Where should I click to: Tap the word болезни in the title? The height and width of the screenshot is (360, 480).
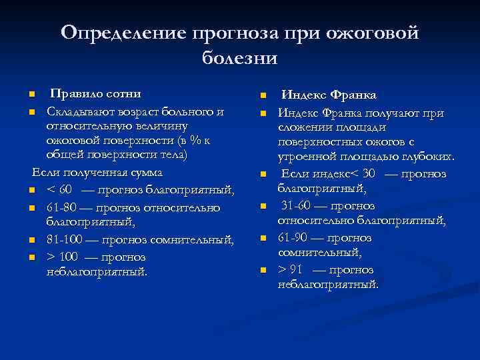[239, 58]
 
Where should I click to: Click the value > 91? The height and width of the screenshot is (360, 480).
[292, 270]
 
